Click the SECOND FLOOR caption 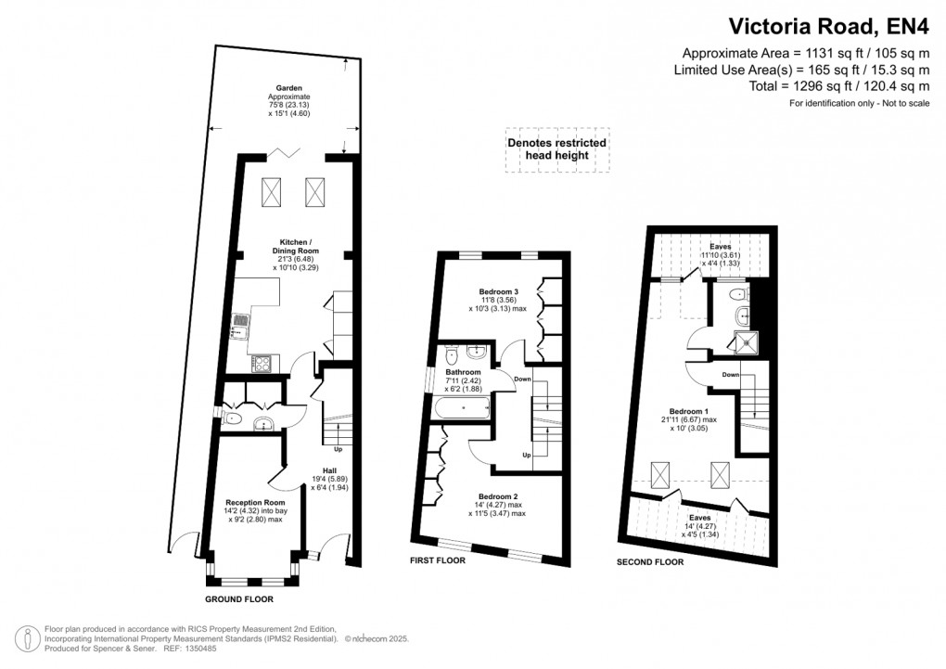point(650,562)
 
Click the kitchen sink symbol point(241,324)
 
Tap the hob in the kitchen point(262,362)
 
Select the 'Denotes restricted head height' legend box point(556,148)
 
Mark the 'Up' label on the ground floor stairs point(338,450)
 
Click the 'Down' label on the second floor point(730,375)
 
